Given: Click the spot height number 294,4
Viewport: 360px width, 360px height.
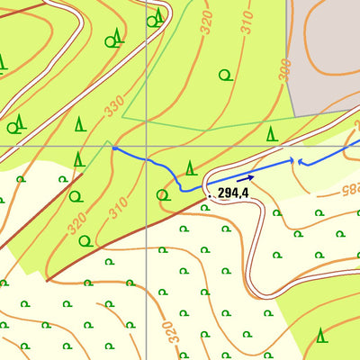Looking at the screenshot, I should click(232, 192).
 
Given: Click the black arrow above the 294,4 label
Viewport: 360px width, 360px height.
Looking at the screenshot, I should click(245, 179).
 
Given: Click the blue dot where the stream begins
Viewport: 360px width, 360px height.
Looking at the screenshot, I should click(114, 148).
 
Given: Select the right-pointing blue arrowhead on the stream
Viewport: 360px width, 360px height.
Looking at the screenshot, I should click(292, 160).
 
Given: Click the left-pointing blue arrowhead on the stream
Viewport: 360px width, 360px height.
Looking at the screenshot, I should click(301, 163).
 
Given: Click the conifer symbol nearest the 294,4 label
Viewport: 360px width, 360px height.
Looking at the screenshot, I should click(190, 167).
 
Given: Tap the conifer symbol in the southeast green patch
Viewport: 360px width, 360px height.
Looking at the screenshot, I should click(320, 337).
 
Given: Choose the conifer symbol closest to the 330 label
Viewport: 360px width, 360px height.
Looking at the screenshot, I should click(80, 123).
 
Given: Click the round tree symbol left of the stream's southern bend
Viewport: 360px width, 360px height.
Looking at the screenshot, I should click(163, 193).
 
